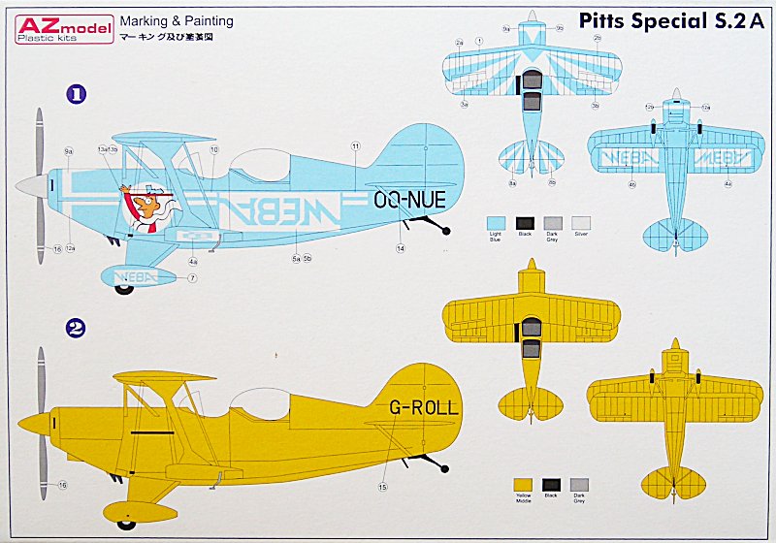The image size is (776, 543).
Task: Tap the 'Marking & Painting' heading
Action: [x=176, y=20]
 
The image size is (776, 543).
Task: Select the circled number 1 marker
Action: [x=76, y=94]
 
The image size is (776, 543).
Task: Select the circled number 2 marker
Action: [x=76, y=328]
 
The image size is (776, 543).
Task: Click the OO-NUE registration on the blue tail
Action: [x=408, y=201]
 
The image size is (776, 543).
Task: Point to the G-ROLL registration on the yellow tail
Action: [x=423, y=407]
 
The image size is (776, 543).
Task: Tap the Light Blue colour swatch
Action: [x=496, y=221]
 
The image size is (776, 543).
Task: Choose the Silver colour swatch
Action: [x=581, y=221]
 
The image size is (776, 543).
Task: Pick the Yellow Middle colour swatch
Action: [x=524, y=484]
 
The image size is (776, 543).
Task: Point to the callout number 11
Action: [x=356, y=145]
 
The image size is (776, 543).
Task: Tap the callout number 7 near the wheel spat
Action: [x=192, y=278]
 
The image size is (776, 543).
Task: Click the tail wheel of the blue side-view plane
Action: [x=446, y=230]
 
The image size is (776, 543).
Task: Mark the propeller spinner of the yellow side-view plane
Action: [x=32, y=423]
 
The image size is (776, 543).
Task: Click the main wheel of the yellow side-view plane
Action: [x=126, y=524]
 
